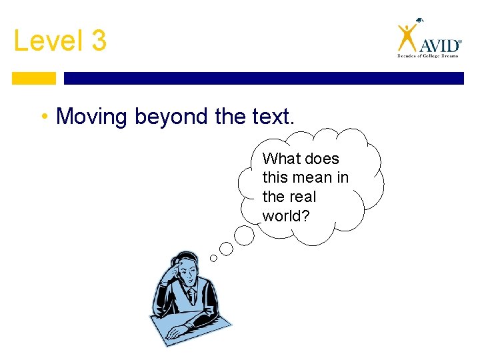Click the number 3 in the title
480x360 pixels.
click(x=98, y=41)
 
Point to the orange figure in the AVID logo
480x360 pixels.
click(x=406, y=36)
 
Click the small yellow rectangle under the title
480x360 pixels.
click(x=34, y=78)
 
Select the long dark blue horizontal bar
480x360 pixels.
click(x=263, y=78)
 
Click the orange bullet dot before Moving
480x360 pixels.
click(x=43, y=117)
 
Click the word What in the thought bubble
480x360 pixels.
click(x=281, y=159)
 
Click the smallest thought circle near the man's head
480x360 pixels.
click(x=213, y=258)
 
